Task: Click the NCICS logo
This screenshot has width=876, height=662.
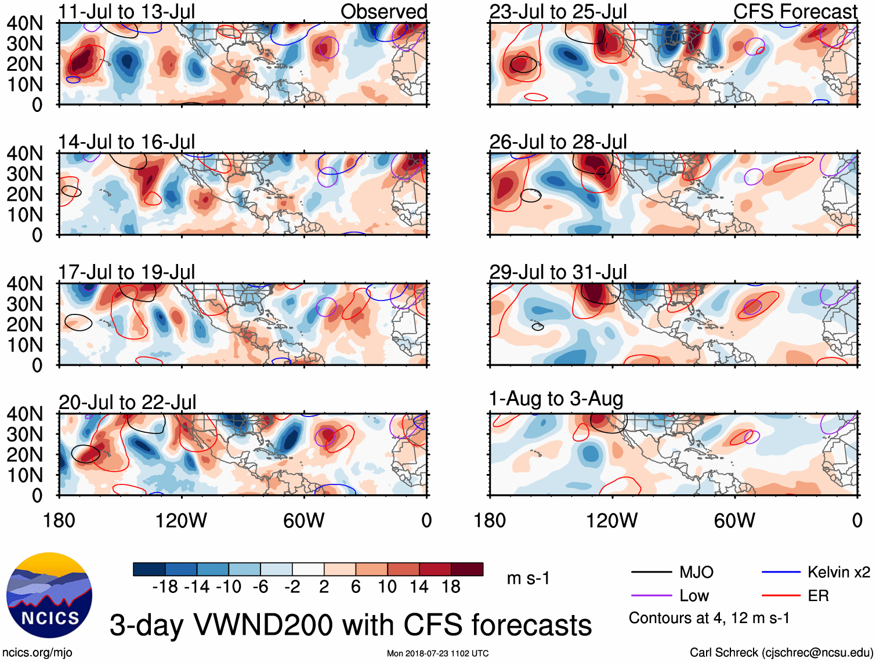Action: click(49, 595)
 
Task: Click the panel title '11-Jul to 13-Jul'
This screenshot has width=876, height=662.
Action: click(126, 12)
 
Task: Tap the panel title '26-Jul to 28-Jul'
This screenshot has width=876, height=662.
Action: click(558, 142)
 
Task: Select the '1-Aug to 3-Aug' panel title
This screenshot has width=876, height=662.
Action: click(556, 399)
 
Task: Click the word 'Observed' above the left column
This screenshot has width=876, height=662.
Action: click(383, 12)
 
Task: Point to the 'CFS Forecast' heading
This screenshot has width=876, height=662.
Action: click(795, 12)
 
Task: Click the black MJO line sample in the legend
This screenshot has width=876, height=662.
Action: click(651, 573)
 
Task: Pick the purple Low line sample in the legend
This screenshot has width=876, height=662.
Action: click(651, 596)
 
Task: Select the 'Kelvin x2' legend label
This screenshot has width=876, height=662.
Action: click(838, 573)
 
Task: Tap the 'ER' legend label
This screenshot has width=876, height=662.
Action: click(818, 596)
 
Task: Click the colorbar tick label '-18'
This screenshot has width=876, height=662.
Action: click(165, 587)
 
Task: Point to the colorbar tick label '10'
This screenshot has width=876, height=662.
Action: click(387, 587)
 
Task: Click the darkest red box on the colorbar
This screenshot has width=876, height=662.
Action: click(467, 569)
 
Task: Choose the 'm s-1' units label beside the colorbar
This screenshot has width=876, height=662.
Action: click(528, 578)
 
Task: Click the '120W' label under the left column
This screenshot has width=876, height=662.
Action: click(181, 520)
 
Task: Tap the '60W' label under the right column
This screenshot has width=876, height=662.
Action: click(734, 520)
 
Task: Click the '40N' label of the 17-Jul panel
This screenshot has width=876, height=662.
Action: click(24, 284)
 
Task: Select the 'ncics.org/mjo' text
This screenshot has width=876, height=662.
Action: click(37, 653)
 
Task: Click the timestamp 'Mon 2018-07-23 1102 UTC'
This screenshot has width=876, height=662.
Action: click(437, 653)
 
